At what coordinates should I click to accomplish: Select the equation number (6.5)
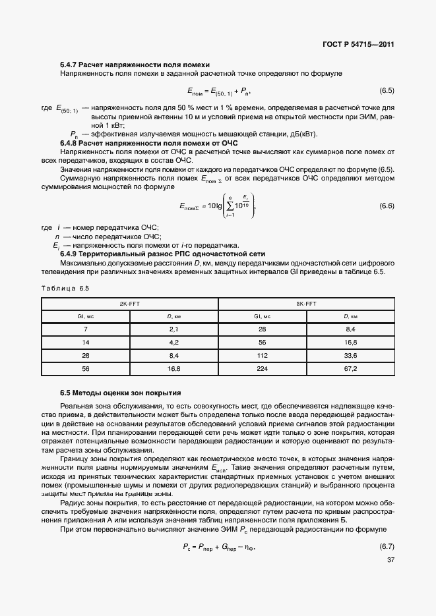pyautogui.click(x=387, y=90)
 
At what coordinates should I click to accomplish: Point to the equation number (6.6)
pyautogui.click(x=387, y=206)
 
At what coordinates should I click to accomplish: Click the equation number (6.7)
pyautogui.click(x=387, y=546)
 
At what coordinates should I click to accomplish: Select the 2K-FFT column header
pyautogui.click(x=129, y=304)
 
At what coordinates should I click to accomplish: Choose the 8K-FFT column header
pyautogui.click(x=306, y=304)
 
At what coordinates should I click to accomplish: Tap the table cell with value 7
pyautogui.click(x=86, y=328)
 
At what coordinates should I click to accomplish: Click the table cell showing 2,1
pyautogui.click(x=174, y=328)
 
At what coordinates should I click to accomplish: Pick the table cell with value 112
pyautogui.click(x=263, y=355)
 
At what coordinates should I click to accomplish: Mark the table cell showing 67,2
pyautogui.click(x=351, y=369)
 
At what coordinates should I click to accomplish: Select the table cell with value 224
pyautogui.click(x=263, y=369)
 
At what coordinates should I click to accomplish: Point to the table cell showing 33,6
pyautogui.click(x=351, y=355)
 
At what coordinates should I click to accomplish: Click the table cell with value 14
pyautogui.click(x=86, y=342)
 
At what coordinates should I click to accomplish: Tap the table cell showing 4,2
pyautogui.click(x=174, y=342)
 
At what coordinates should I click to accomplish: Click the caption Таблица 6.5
pyautogui.click(x=65, y=288)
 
